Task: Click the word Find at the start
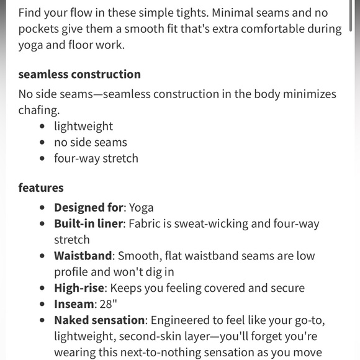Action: [30, 13]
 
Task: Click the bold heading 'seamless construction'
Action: [79, 74]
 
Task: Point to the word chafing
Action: [40, 110]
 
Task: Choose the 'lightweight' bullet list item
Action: [83, 126]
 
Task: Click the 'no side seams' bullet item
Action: [91, 142]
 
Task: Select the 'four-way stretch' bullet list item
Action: [96, 158]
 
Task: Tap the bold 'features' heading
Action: [41, 187]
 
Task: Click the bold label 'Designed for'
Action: [89, 207]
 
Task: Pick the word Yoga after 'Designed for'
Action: [141, 207]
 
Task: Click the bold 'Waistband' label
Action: [83, 256]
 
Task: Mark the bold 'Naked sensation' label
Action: [100, 320]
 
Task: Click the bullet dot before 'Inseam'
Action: [42, 305]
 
